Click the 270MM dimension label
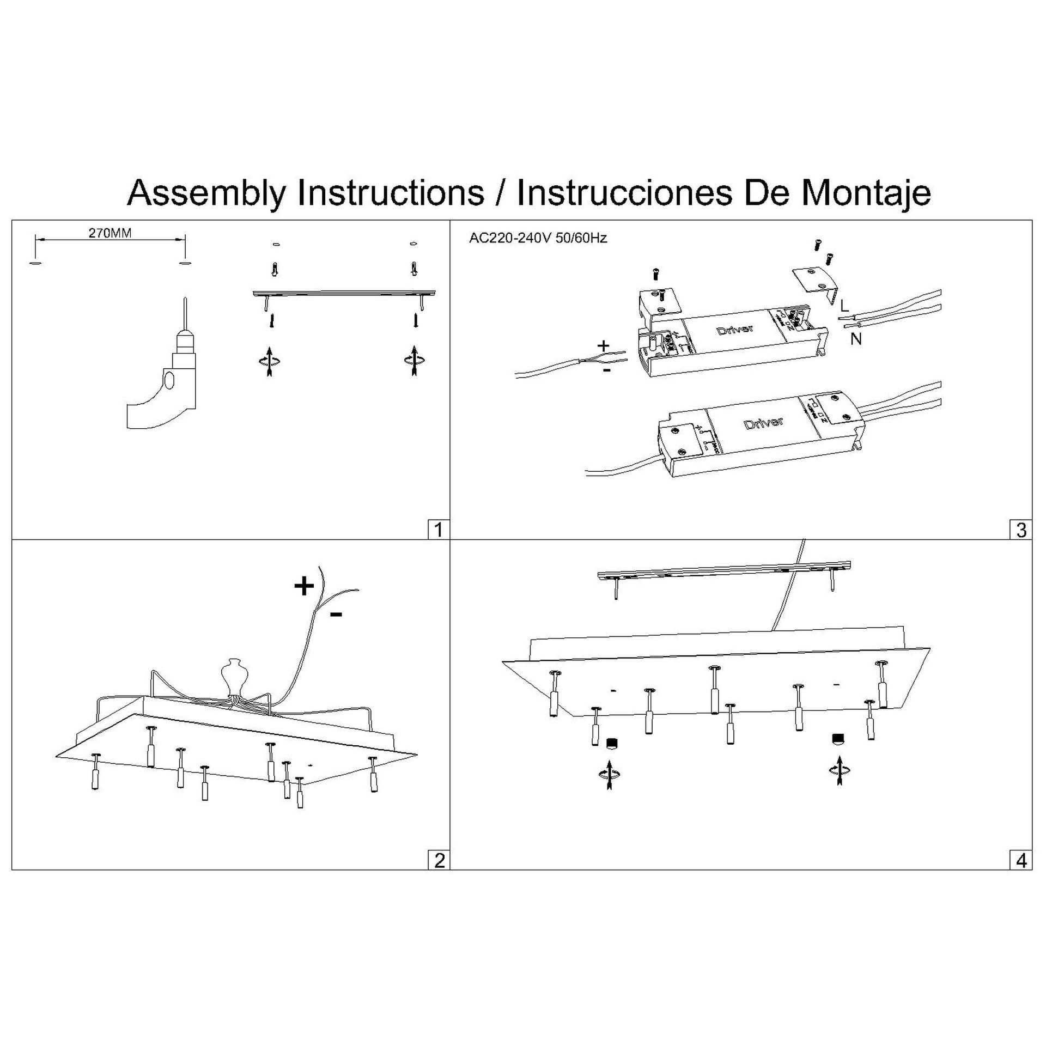110,233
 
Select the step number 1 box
439,530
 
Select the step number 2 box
439,860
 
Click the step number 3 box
1021,530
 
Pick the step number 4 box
1021,860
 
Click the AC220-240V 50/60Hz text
538,238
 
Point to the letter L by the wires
844,306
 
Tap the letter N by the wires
856,339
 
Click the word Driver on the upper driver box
735,330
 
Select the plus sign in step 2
304,587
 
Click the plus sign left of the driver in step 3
603,345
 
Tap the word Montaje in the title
866,192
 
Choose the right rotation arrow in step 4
839,770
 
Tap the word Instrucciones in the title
624,192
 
